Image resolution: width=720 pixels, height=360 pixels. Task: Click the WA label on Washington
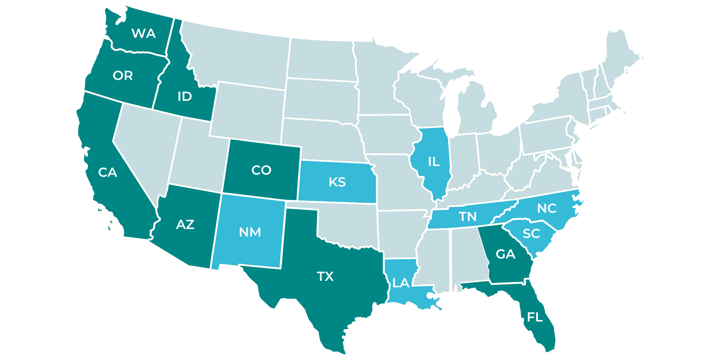[x=144, y=33]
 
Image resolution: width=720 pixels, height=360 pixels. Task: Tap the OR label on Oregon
[x=123, y=76]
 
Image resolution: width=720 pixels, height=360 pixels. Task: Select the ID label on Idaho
[x=185, y=96]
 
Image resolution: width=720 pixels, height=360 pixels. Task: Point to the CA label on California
[x=108, y=172]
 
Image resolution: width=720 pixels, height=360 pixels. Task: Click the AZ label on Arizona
[x=185, y=225]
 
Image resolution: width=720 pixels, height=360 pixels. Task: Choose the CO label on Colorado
[x=261, y=170]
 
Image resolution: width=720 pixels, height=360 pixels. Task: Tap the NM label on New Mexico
[x=250, y=232]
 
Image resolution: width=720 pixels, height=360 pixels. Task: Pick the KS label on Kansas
[x=337, y=182]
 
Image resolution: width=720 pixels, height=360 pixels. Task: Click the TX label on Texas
[x=325, y=276]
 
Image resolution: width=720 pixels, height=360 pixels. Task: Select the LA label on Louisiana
[x=401, y=283]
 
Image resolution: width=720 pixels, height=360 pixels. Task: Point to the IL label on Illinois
[x=434, y=162]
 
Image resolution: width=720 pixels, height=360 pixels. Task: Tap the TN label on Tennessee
[x=468, y=217]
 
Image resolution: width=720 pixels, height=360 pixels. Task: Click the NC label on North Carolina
[x=547, y=208]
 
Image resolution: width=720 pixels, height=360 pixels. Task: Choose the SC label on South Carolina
[x=531, y=234]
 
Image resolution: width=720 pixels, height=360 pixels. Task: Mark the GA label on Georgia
[x=505, y=255]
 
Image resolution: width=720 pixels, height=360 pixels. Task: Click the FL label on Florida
[x=535, y=317]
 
